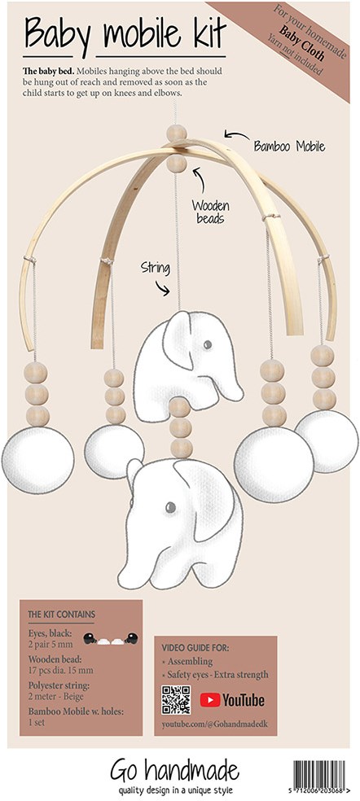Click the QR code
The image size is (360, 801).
pos(176,699)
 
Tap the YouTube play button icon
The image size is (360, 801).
pos(209,699)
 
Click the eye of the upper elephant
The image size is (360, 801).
pos(207,345)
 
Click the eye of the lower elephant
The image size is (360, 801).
pos(170,507)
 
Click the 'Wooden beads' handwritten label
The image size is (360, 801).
pos(211,212)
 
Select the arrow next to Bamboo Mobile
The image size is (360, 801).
pos(236,135)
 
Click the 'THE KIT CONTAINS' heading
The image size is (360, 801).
pos(61,615)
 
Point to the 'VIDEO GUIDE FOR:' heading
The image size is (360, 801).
pos(195,648)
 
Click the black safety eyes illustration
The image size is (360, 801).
pos(111,638)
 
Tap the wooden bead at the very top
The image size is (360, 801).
pos(177,133)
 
